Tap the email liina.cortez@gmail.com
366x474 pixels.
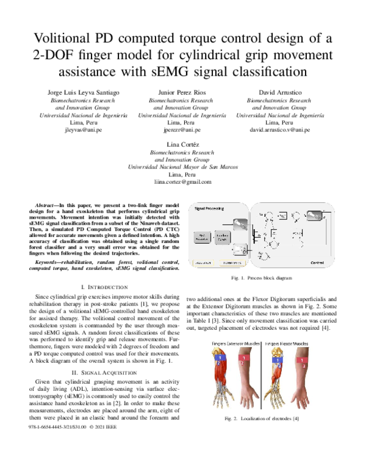pos(182,182)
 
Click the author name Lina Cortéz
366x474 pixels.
pos(182,144)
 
